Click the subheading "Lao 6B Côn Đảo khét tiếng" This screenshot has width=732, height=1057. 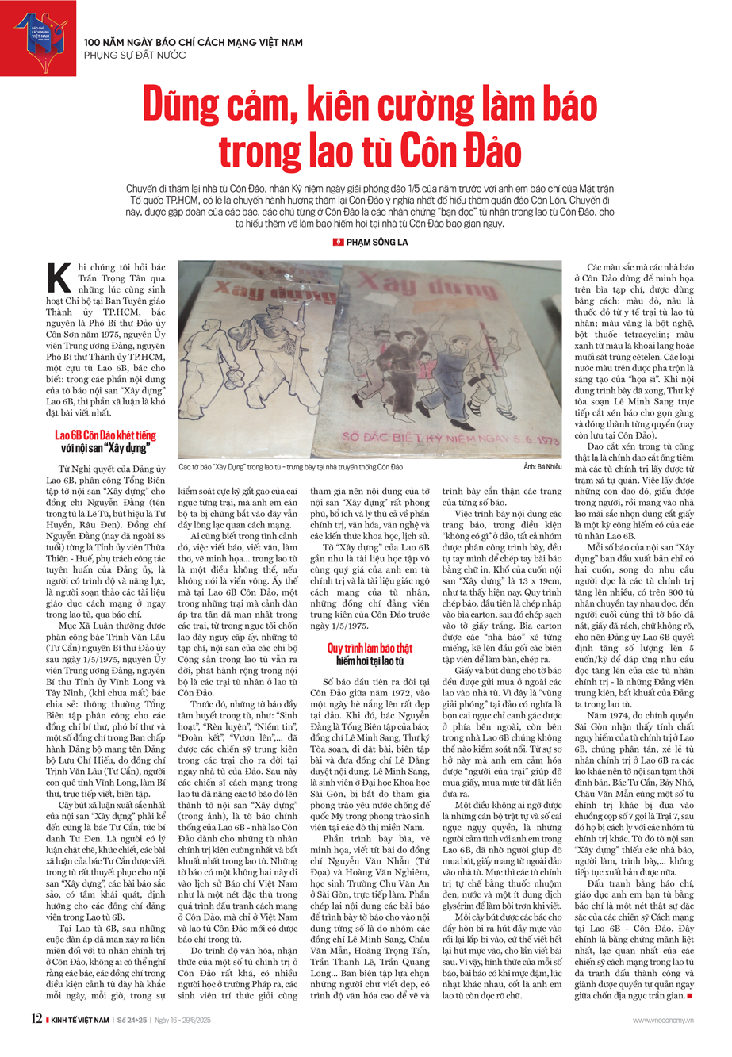point(105,435)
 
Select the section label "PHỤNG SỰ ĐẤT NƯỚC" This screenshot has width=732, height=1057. point(135,55)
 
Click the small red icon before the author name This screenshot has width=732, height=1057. point(339,241)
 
